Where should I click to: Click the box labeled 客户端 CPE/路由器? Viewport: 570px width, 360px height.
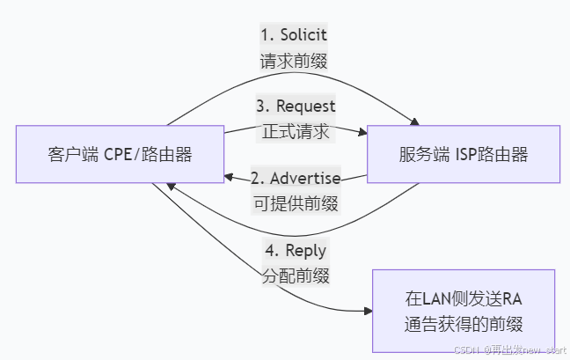120,155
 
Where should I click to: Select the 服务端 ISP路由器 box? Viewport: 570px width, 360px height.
464,155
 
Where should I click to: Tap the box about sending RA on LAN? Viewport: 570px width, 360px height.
464,311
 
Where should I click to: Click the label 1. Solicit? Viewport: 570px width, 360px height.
295,35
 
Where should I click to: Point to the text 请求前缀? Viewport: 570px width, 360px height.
295,62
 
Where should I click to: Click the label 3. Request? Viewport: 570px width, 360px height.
295,106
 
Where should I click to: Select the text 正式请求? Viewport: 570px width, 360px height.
295,132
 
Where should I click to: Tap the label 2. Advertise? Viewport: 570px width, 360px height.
295,178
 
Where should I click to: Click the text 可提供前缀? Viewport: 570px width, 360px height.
295,202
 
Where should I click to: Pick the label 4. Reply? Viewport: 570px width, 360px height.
295,250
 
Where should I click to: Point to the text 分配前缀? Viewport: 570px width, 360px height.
295,276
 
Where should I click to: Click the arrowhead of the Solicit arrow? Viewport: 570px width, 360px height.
413,121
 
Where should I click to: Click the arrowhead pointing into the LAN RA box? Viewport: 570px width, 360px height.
367,311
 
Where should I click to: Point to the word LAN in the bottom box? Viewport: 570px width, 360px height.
434,298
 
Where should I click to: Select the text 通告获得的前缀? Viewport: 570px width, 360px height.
464,322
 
